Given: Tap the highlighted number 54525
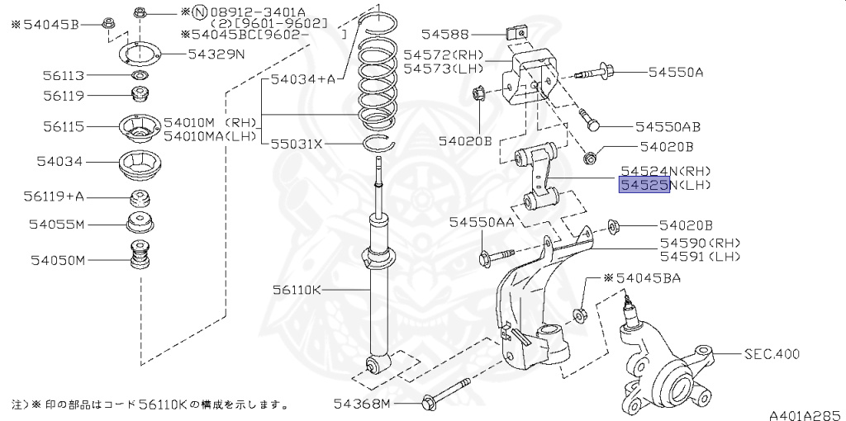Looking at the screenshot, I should coord(644,185).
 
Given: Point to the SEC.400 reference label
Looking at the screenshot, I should coord(772,354).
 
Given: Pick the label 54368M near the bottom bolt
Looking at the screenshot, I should coord(362,404).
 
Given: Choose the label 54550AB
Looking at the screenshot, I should coord(668,127).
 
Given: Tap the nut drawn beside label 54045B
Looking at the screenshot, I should coord(108,23).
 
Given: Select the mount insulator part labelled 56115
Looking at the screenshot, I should coord(139,128).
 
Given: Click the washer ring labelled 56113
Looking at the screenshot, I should coord(140,76).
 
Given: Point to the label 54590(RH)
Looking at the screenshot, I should coord(700,243).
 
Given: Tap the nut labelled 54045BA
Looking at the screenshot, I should coord(581,313).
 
